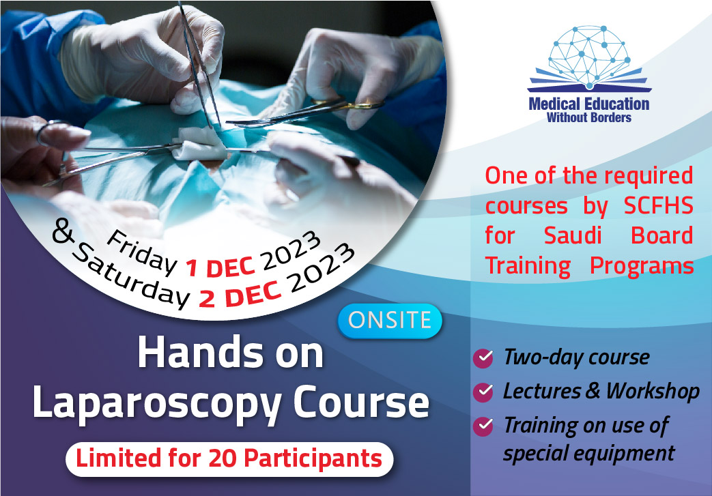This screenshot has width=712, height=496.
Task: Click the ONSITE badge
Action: pyautogui.click(x=390, y=321)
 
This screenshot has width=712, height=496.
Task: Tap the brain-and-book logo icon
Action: pyautogui.click(x=589, y=58)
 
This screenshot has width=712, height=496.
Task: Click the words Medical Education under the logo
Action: pyautogui.click(x=589, y=104)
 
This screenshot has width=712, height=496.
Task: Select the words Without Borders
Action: pyautogui.click(x=589, y=118)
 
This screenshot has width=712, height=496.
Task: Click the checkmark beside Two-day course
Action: pyautogui.click(x=483, y=358)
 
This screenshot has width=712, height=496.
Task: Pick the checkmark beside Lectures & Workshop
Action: pyautogui.click(x=483, y=392)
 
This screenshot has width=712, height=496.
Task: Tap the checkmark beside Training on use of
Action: pyautogui.click(x=483, y=426)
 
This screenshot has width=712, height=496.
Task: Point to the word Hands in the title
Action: pyautogui.click(x=200, y=353)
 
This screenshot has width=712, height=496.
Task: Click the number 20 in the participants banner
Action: pyautogui.click(x=222, y=458)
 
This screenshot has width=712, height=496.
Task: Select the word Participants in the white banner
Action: pyautogui.click(x=313, y=458)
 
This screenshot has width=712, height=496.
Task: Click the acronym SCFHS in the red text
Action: pyautogui.click(x=658, y=205)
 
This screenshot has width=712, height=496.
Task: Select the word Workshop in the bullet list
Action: pyautogui.click(x=653, y=391)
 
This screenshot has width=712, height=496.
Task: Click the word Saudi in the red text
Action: pyautogui.click(x=573, y=235)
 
